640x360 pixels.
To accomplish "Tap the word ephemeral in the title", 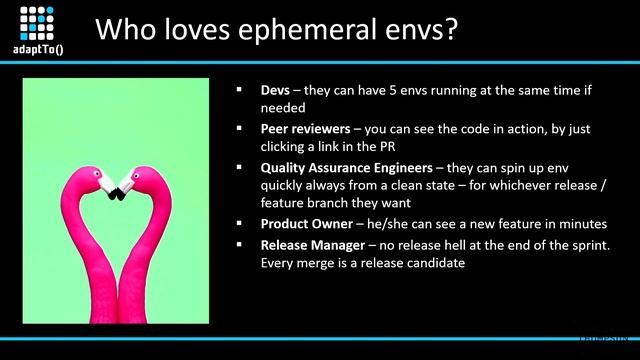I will coord(301,30).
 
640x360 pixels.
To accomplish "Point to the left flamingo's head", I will coord(108,182).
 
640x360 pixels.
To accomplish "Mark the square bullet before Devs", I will coord(239,90).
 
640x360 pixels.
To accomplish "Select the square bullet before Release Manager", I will coord(239,244).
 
